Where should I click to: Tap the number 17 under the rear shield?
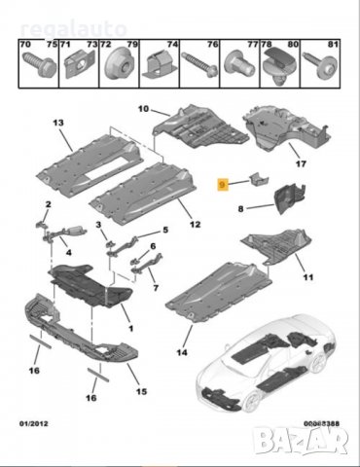pyautogui.click(x=300, y=164)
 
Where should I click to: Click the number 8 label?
pyautogui.click(x=240, y=207)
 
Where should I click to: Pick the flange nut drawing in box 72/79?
pyautogui.click(x=123, y=65)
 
